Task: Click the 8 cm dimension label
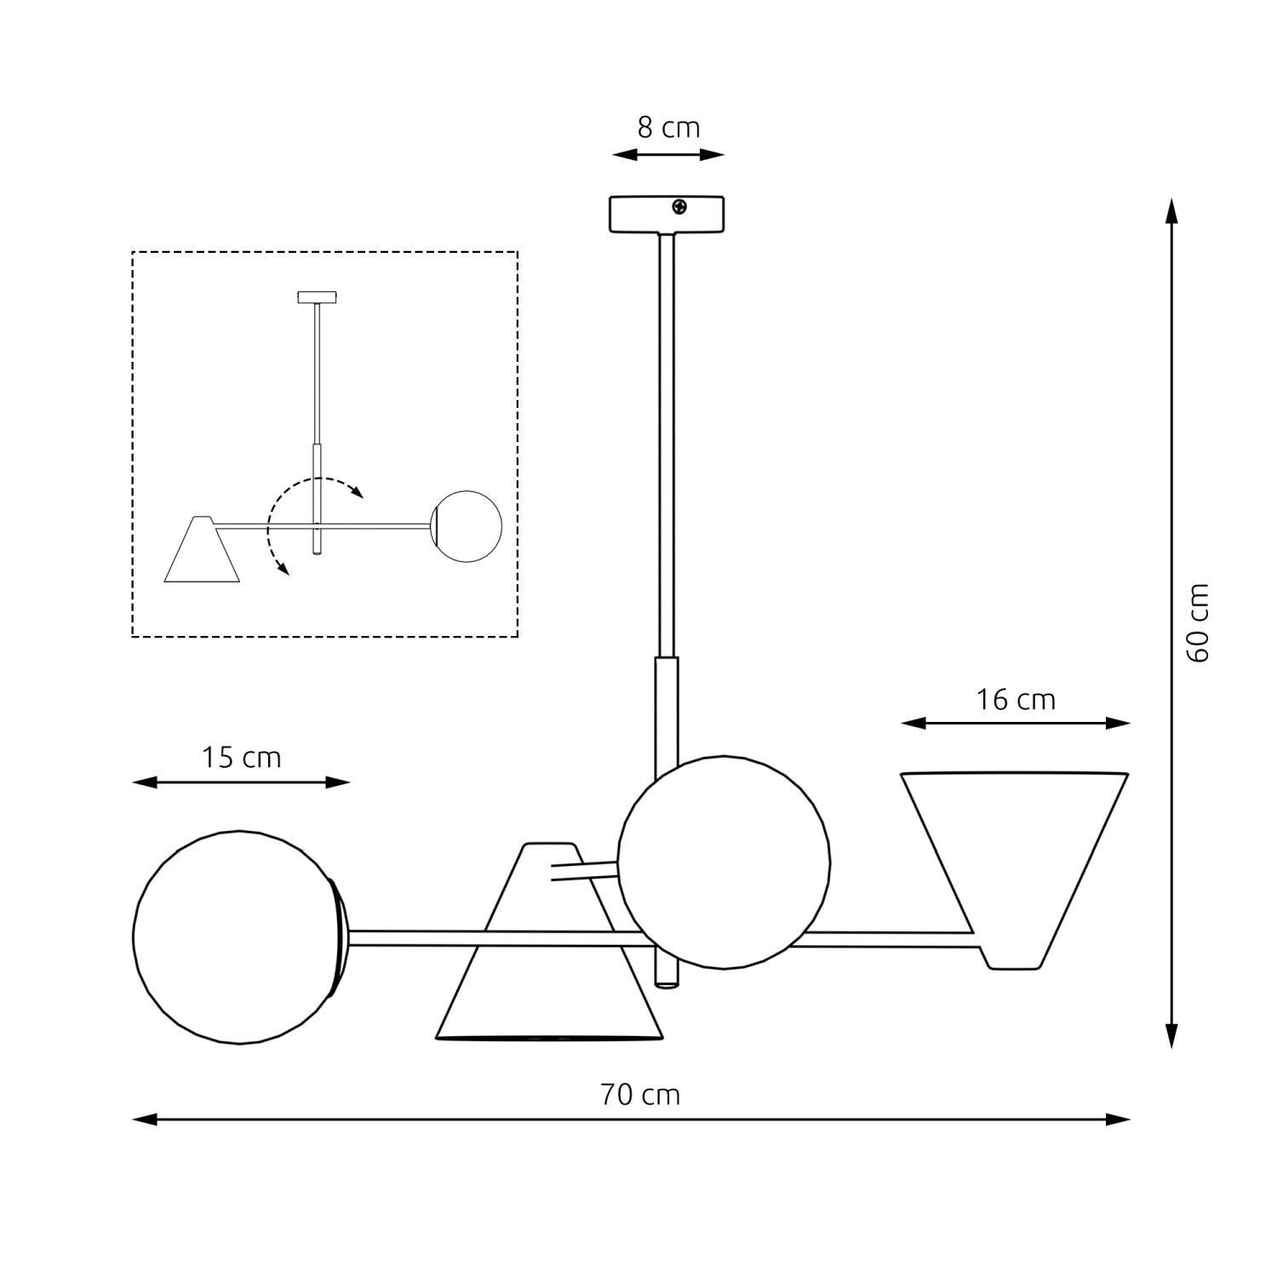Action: [x=668, y=128]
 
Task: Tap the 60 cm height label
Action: [x=1197, y=622]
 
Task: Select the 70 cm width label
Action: [x=640, y=1094]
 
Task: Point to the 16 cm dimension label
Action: [x=1016, y=700]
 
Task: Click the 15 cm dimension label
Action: [x=241, y=758]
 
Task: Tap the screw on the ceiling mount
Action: [x=679, y=206]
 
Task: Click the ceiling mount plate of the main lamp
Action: [x=666, y=214]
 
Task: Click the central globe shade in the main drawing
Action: [x=724, y=862]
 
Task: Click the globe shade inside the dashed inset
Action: [x=467, y=526]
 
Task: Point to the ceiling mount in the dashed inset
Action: [x=318, y=297]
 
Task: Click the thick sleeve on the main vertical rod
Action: [x=666, y=715]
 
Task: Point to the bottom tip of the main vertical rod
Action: [x=666, y=982]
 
